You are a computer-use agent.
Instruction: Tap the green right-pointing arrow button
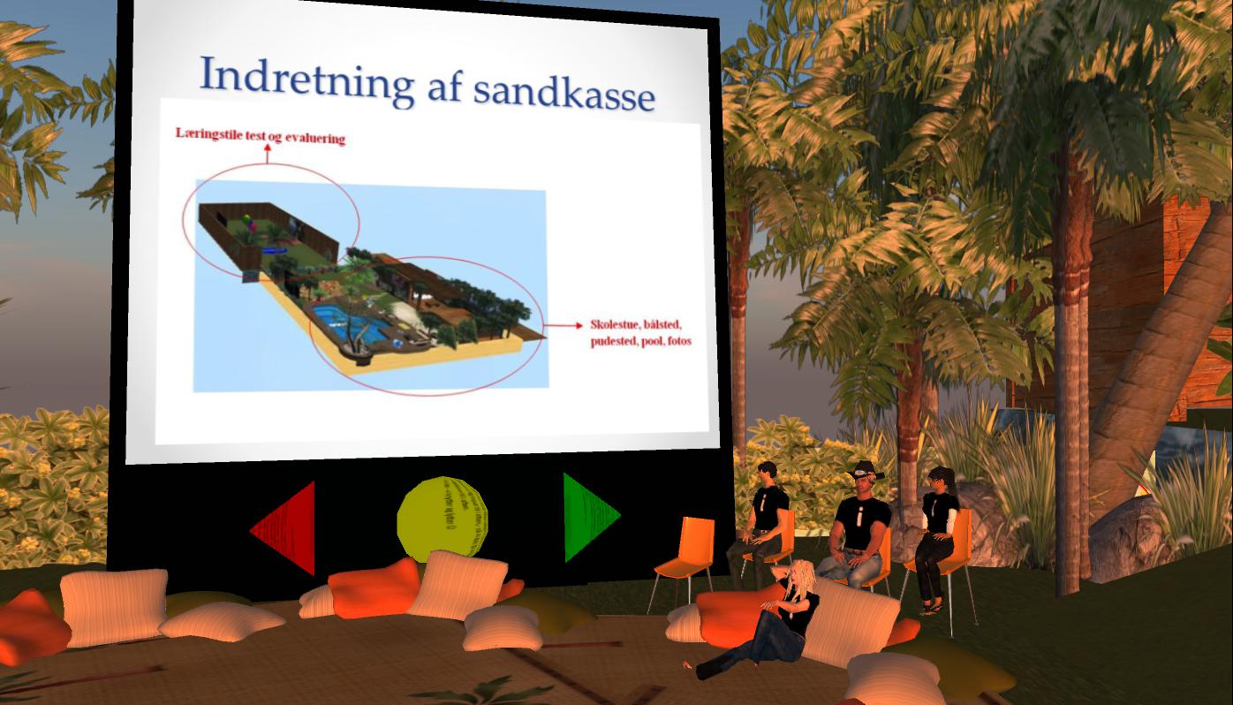pos(589,517)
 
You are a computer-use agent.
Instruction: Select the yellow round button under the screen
pos(442,519)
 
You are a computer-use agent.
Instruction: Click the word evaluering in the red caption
pos(314,138)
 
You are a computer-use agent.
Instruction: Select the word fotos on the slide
pos(678,342)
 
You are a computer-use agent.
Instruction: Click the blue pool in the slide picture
pos(347,323)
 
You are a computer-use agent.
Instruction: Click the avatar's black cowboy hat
pos(866,470)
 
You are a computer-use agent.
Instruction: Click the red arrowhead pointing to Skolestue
pos(579,325)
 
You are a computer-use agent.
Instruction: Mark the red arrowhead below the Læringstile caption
pos(268,148)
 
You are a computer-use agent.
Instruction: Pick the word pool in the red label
pos(652,342)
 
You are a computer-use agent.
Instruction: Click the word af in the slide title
pos(443,87)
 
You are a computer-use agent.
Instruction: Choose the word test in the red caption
pos(256,135)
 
